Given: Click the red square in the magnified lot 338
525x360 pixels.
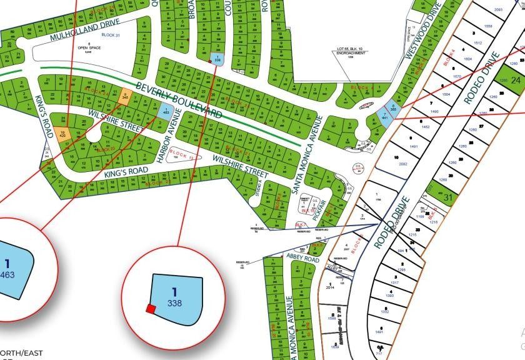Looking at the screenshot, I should coord(150,308).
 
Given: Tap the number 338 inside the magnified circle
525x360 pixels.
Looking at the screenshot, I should coord(174,302).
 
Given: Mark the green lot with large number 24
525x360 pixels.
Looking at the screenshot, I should coord(516,81).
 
